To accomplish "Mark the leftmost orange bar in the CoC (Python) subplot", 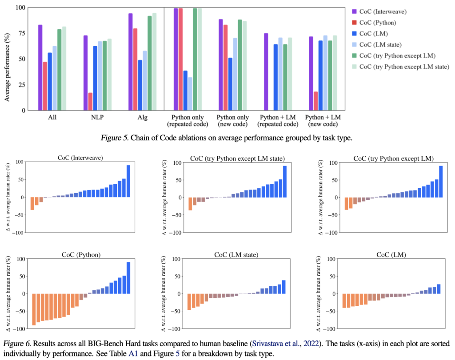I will point(34,309).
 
